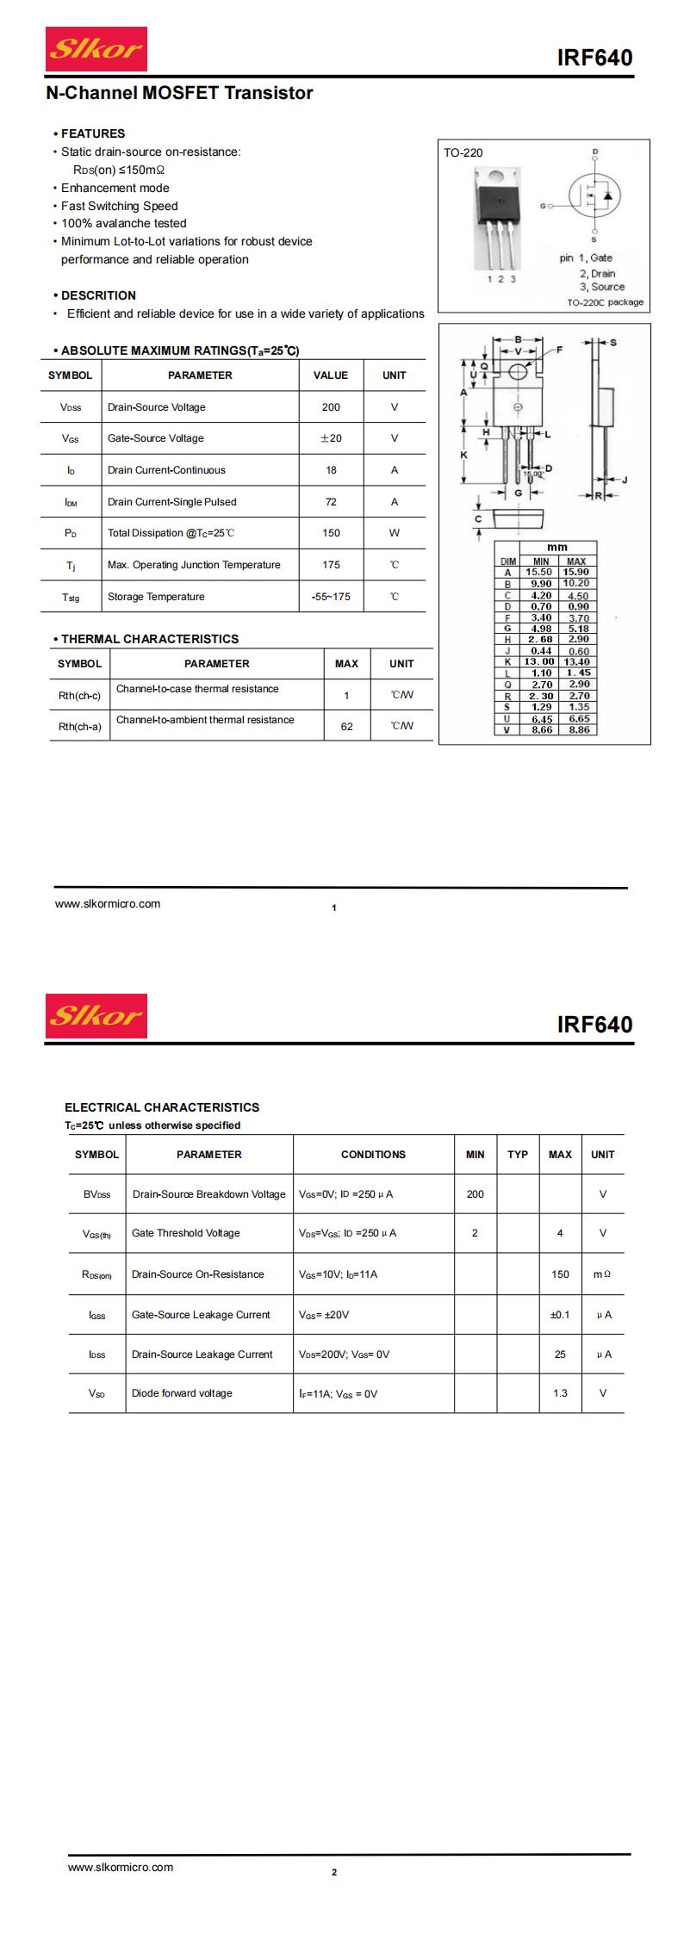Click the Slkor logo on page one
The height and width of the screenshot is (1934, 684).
click(x=96, y=49)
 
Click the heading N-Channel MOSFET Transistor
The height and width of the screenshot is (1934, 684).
click(x=179, y=93)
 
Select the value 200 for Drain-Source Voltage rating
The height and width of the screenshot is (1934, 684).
click(x=331, y=407)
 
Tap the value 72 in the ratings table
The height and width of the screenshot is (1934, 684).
click(x=331, y=502)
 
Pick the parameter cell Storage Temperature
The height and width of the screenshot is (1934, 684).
click(x=156, y=597)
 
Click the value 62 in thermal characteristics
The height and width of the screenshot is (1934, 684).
click(x=346, y=726)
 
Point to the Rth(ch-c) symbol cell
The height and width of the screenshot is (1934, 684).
click(x=79, y=696)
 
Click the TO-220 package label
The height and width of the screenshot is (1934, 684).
click(x=463, y=153)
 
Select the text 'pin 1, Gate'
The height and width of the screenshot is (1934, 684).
click(x=586, y=257)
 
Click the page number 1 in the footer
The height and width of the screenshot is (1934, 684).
click(x=334, y=908)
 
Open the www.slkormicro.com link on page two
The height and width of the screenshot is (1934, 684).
click(x=121, y=1868)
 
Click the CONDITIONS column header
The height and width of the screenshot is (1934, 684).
click(x=373, y=1155)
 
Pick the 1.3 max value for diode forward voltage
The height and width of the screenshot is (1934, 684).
click(x=560, y=1393)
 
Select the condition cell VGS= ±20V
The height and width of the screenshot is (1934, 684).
click(x=324, y=1315)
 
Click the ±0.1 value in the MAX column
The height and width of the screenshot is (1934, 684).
click(x=560, y=1315)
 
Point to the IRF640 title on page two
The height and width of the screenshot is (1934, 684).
click(x=594, y=1024)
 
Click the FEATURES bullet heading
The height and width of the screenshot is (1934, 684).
click(x=92, y=133)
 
